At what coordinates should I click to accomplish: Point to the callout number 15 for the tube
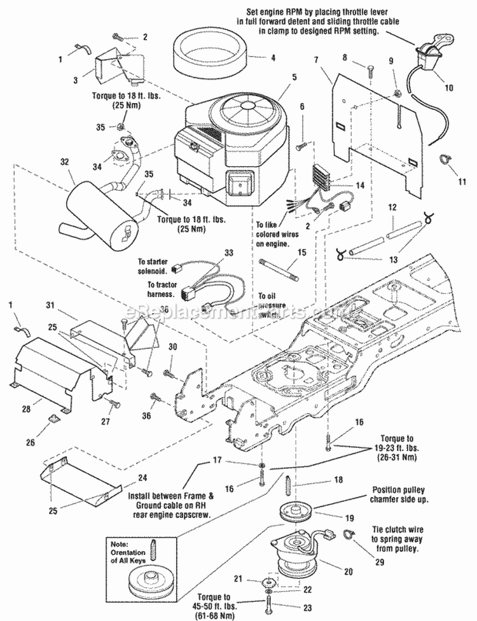[302, 253]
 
